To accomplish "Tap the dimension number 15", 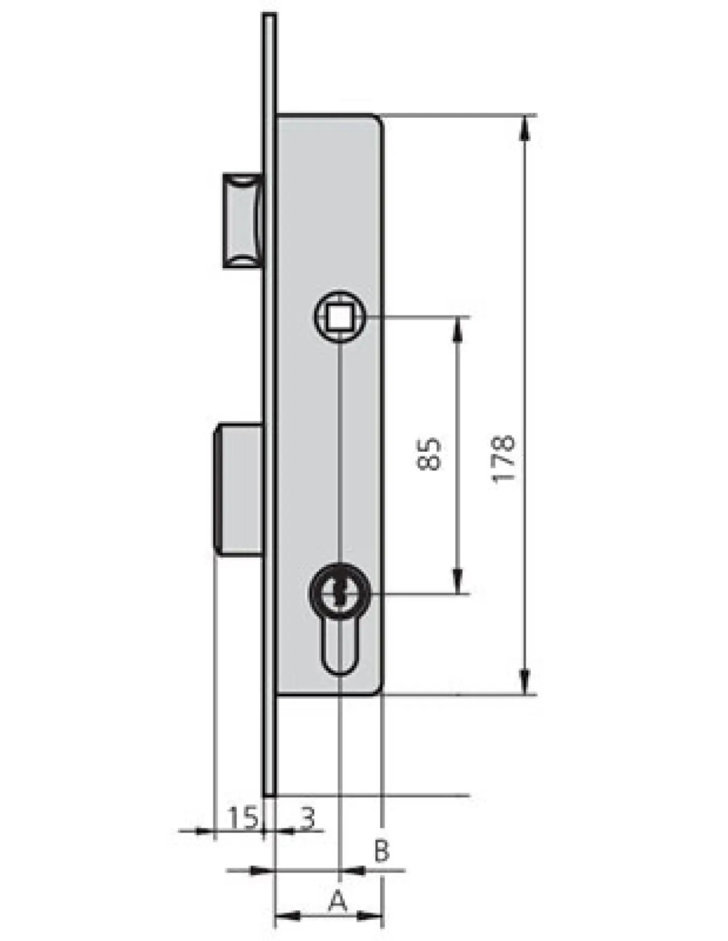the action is [243, 818].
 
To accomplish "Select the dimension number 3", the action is [307, 818].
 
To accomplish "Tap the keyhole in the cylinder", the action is [340, 595].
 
